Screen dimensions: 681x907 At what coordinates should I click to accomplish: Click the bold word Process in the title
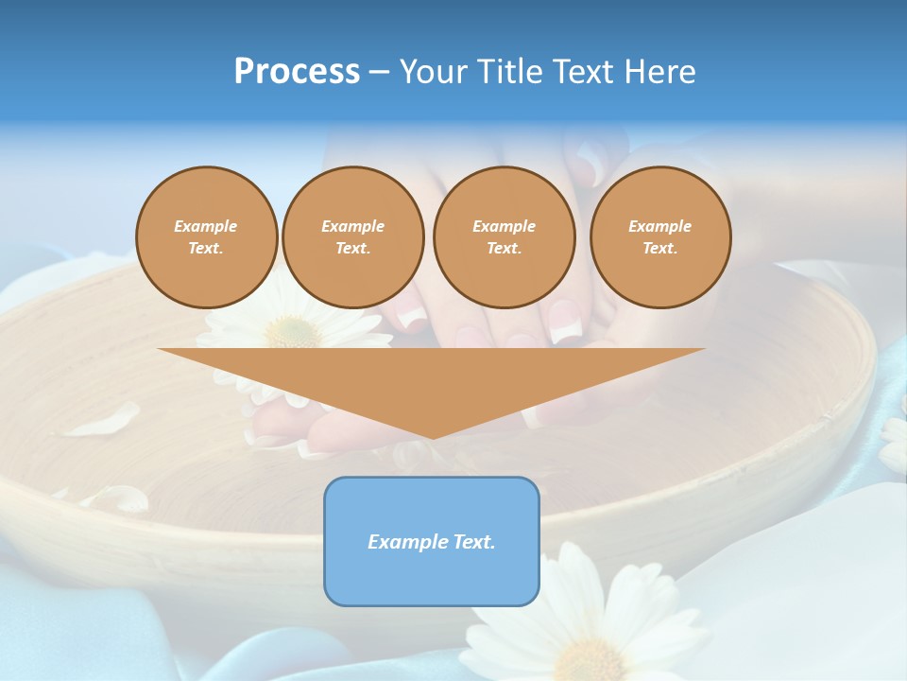point(297,72)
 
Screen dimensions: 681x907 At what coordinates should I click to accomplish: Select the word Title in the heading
point(515,72)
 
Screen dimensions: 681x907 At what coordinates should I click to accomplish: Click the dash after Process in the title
point(380,73)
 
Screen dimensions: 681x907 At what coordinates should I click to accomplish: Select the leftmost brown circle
point(206,237)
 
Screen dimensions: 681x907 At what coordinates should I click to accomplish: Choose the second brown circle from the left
point(352,237)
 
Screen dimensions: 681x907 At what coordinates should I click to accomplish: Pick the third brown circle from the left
point(504,237)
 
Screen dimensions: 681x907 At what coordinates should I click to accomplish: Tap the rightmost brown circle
point(660,237)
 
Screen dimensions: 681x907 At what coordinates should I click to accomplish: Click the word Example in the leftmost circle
point(206,226)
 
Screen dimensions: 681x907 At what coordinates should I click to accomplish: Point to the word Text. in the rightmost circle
point(660,249)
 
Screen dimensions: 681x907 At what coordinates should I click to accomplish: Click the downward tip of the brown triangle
point(432,436)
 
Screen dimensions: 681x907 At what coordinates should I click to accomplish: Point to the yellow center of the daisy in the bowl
point(293,331)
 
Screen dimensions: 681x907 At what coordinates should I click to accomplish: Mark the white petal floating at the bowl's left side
point(102,420)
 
